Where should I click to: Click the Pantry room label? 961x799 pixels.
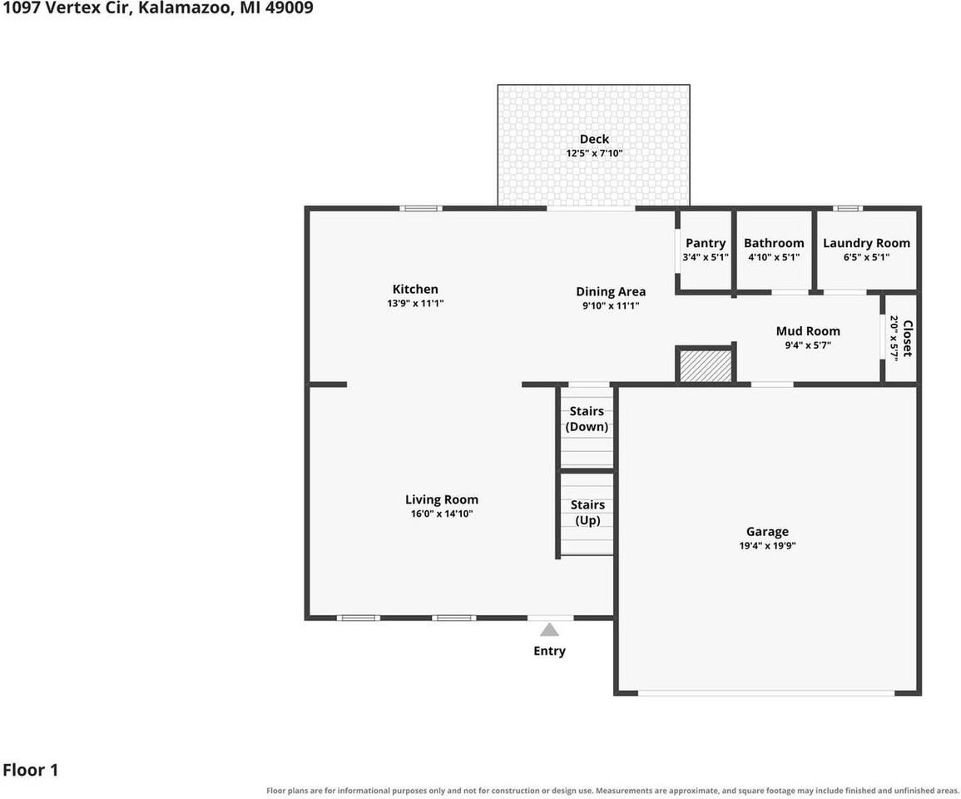706,243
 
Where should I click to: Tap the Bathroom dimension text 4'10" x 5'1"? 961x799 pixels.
774,257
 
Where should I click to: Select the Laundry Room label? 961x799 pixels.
866,243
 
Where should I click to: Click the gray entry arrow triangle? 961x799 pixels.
549,630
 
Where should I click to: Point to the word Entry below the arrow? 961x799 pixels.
549,651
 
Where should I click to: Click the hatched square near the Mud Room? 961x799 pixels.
706,365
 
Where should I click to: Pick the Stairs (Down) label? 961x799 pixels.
587,419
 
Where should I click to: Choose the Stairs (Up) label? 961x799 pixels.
587,513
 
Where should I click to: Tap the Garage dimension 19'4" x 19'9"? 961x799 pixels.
767,546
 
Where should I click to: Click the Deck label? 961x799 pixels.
594,139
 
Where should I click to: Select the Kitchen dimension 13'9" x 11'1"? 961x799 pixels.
415,304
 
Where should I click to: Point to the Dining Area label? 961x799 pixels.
611,292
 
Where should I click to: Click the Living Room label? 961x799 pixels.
441,499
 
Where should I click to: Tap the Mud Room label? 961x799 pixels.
808,331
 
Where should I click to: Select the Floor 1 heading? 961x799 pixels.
31,770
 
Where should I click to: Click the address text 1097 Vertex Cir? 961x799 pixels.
67,8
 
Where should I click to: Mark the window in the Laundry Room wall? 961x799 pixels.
847,208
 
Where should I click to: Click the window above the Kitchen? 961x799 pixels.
421,208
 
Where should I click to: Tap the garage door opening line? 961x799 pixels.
766,693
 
